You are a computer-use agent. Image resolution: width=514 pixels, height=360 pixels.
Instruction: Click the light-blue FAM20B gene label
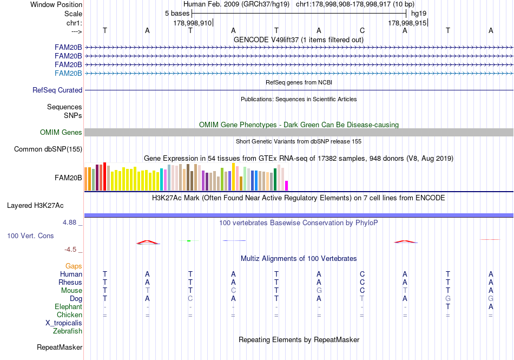coord(68,73)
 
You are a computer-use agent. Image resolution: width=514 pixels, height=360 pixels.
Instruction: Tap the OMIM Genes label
coord(61,132)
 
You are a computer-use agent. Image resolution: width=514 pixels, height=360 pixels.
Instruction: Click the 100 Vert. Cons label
coord(30,236)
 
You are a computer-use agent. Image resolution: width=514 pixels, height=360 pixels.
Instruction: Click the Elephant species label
coord(68,306)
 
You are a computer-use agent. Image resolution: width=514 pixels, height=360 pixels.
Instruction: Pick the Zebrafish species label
coord(68,331)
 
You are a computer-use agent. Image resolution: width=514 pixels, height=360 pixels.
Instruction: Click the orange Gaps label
coord(74,266)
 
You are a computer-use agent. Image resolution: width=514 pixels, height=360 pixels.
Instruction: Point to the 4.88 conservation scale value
coord(73,222)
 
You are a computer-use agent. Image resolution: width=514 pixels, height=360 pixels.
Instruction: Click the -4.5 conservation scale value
coord(73,250)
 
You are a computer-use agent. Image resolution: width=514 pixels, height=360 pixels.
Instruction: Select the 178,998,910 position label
coord(193,23)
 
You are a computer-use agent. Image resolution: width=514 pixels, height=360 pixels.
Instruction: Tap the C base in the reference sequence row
coord(362,30)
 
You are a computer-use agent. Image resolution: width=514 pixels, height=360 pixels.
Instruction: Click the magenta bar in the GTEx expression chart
coord(287,185)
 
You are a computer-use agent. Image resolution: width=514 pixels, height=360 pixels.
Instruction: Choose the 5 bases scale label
coord(177,13)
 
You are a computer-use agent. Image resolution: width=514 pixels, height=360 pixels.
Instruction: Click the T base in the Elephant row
coord(448,306)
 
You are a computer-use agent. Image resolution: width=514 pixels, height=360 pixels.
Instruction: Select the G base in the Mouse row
coord(319,290)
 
